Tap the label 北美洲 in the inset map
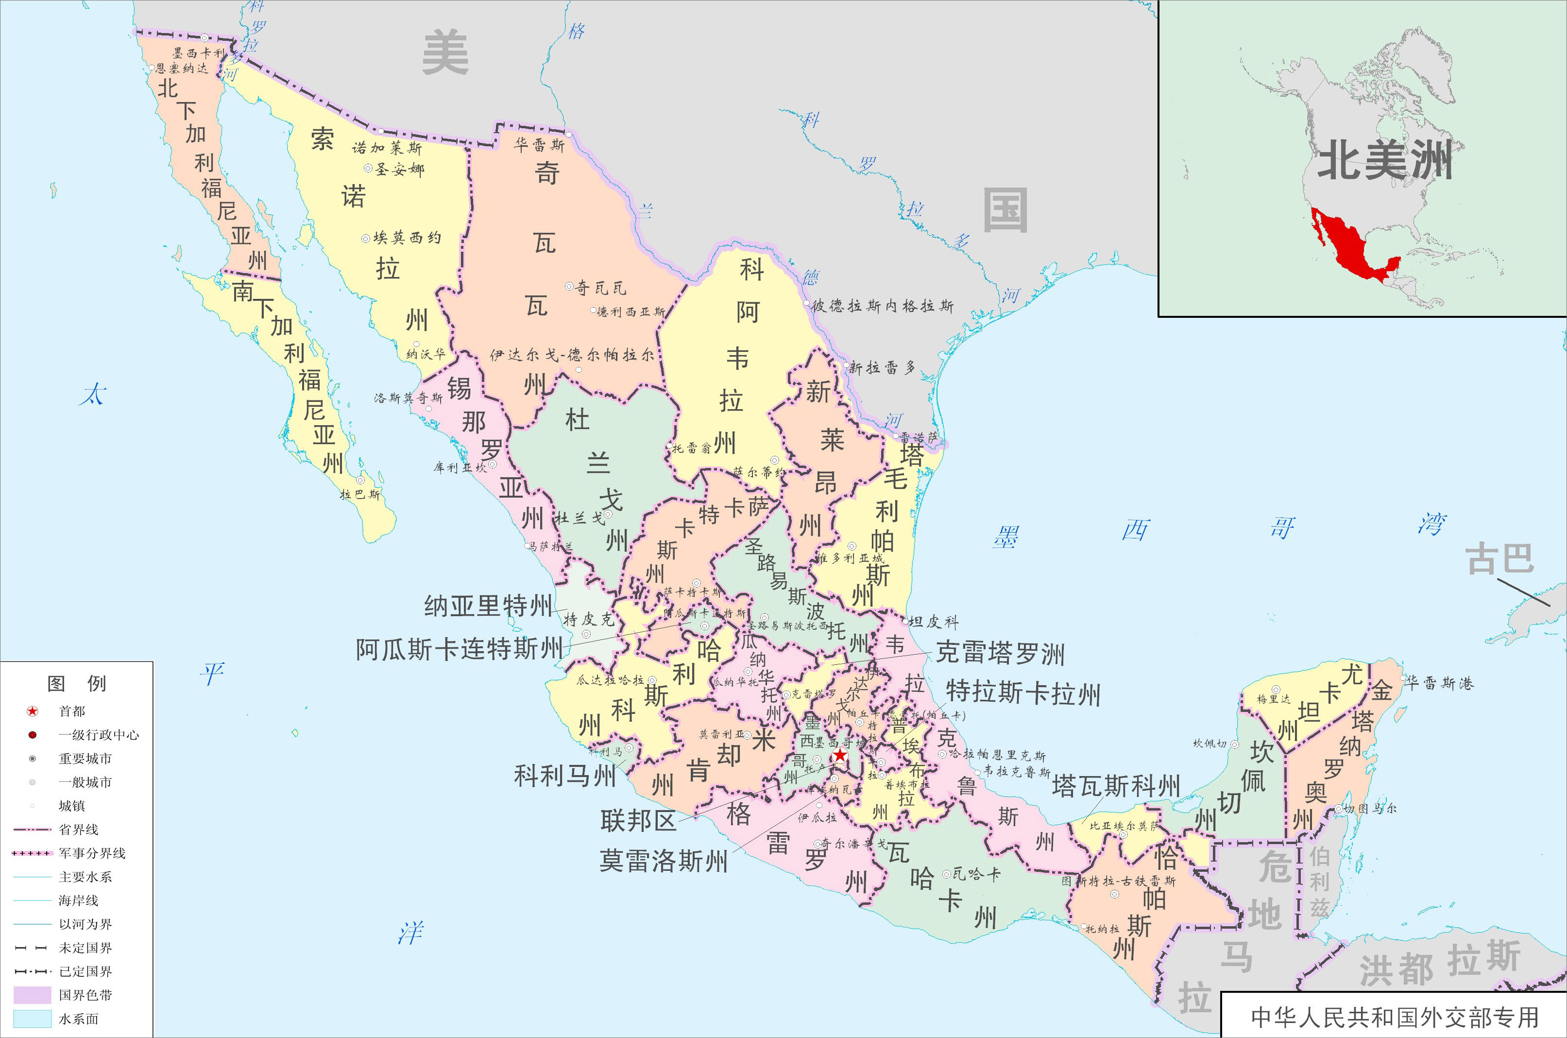(x=1384, y=161)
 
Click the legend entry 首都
(x=71, y=711)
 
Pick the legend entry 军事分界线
(x=91, y=853)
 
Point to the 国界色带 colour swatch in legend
(x=32, y=995)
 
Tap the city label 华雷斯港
(x=1439, y=683)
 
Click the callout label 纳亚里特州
(x=488, y=605)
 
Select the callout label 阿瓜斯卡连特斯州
(x=459, y=649)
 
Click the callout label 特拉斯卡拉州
(x=1022, y=693)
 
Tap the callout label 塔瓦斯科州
(x=1116, y=786)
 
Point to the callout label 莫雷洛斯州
(x=663, y=861)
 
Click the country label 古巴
(x=1499, y=559)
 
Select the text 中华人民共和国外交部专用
(x=1394, y=1017)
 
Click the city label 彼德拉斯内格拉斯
(x=882, y=306)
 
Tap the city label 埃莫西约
(x=406, y=238)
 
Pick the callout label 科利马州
(x=564, y=775)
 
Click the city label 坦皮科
(x=933, y=622)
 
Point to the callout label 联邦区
(x=638, y=821)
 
